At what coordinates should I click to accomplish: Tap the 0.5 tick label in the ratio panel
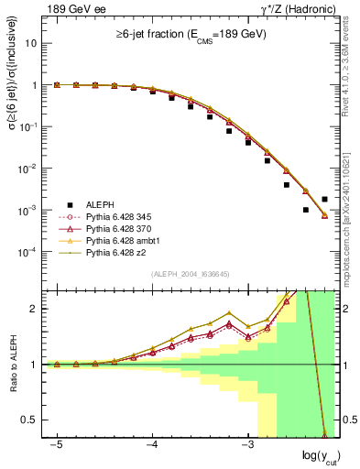click(x=28, y=420)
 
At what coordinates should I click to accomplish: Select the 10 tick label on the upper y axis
click(x=30, y=43)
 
